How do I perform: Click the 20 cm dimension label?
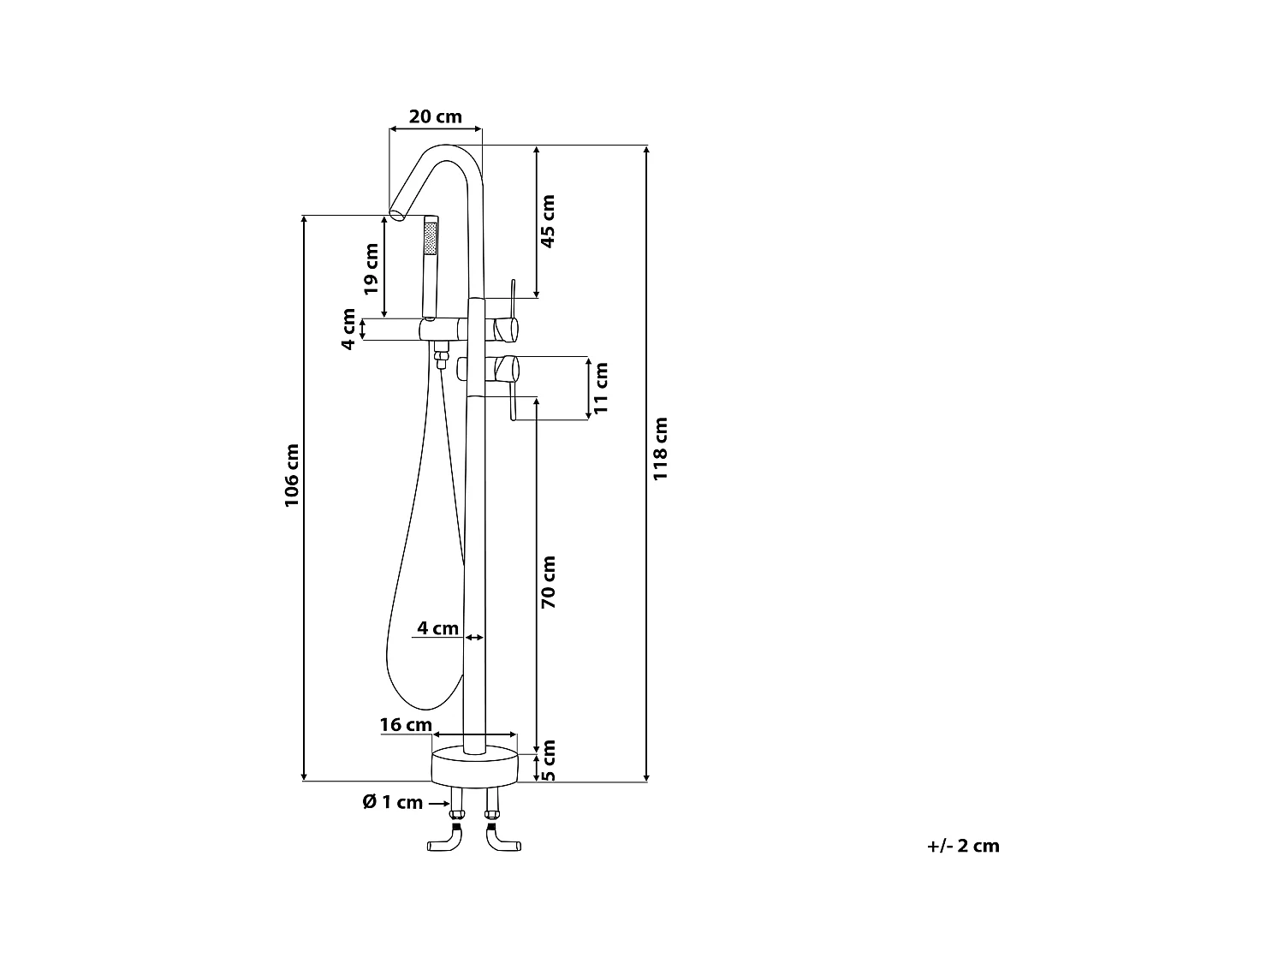(435, 116)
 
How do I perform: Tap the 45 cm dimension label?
(548, 221)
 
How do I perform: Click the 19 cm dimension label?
(371, 269)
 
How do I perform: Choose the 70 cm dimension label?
(548, 582)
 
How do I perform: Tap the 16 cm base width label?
(406, 725)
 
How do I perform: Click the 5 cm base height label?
(549, 761)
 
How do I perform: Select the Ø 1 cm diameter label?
(393, 802)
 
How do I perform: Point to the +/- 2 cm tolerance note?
(963, 846)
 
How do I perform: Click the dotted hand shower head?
(430, 236)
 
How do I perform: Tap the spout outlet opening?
(397, 211)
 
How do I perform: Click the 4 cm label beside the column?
(437, 628)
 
